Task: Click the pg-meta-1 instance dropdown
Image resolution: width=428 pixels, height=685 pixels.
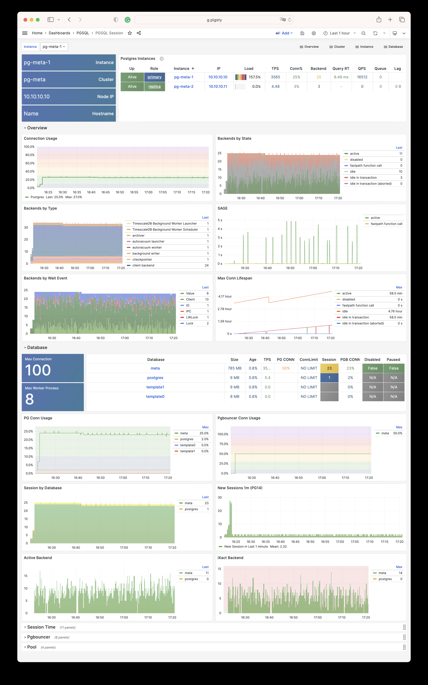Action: click(x=54, y=47)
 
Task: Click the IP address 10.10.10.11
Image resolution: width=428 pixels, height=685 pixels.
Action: click(x=218, y=87)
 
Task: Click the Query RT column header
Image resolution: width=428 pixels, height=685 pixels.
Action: click(x=341, y=68)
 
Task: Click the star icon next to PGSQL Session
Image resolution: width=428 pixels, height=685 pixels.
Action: click(x=130, y=33)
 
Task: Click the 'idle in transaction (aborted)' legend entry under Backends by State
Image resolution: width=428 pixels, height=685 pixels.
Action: click(x=371, y=184)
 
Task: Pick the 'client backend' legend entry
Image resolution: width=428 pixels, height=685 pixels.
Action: click(x=143, y=265)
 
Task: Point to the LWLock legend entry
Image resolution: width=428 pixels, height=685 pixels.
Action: click(x=192, y=317)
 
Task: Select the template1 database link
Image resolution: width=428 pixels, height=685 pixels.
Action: click(x=155, y=387)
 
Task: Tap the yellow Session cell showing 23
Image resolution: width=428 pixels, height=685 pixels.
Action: click(x=329, y=368)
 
